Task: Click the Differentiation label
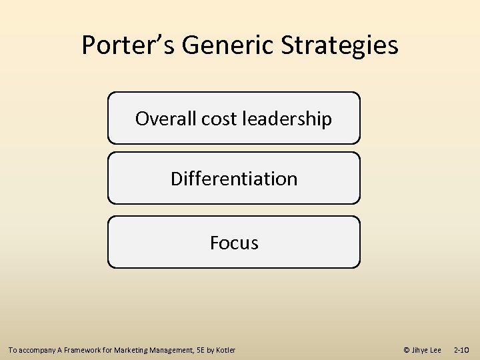tap(234, 179)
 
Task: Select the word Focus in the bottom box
tap(234, 243)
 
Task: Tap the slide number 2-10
tap(461, 350)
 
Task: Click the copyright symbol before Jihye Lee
tap(407, 350)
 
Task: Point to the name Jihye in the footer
tap(421, 350)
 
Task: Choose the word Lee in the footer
tap(436, 350)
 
